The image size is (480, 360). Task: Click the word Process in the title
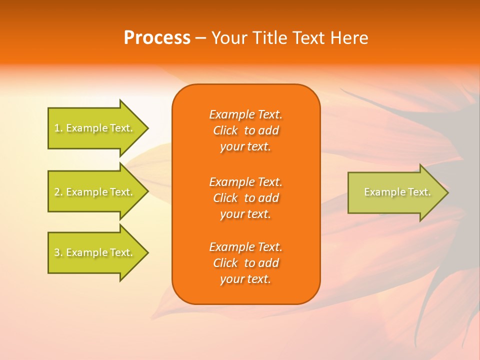157,38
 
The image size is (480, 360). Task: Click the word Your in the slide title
229,38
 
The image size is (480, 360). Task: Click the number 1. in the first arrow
58,128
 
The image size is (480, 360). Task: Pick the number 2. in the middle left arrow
58,192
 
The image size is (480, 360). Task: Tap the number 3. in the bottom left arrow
58,252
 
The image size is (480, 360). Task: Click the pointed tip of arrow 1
147,128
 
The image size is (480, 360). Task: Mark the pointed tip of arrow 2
147,192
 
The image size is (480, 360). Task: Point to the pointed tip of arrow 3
147,252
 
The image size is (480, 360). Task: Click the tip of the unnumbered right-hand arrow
447,192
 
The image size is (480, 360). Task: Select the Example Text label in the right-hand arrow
397,192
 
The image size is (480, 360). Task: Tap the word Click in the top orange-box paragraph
225,131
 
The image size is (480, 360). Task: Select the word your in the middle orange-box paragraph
231,214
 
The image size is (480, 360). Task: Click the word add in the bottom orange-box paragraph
269,263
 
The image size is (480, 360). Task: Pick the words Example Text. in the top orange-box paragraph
245,114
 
